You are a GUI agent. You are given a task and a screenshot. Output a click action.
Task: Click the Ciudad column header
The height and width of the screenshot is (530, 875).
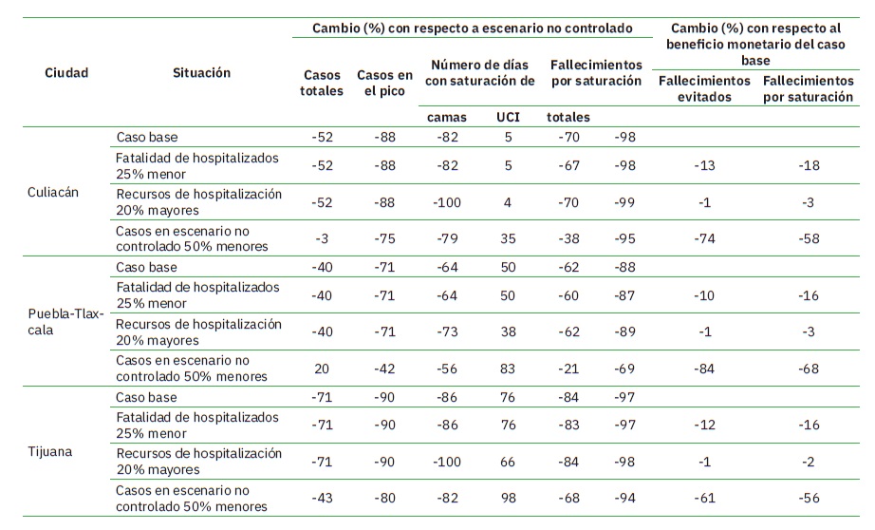[x=66, y=73]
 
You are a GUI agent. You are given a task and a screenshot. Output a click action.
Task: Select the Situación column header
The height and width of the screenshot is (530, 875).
[x=201, y=73]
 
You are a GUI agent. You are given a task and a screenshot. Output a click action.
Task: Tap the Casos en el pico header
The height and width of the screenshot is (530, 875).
[x=384, y=84]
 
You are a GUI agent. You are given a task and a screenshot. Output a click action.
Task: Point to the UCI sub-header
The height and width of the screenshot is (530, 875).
[x=508, y=117]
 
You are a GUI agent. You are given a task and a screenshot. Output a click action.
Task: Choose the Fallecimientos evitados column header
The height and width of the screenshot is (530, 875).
[x=704, y=88]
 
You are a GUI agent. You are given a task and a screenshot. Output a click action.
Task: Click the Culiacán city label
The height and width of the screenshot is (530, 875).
[x=53, y=191]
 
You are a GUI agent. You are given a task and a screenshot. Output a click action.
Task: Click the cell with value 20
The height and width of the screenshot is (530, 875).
[x=322, y=369]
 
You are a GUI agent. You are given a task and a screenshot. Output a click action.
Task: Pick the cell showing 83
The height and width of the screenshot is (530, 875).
[x=508, y=369]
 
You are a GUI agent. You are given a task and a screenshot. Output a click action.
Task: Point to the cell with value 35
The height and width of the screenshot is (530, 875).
[x=508, y=237]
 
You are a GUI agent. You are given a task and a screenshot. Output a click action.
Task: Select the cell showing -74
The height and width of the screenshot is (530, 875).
[x=704, y=237]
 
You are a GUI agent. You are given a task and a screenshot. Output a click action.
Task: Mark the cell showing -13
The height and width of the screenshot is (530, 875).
[x=704, y=166]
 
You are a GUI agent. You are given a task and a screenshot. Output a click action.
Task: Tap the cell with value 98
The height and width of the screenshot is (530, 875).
[x=508, y=499]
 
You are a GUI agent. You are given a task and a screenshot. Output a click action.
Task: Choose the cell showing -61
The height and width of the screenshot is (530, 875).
[x=704, y=499]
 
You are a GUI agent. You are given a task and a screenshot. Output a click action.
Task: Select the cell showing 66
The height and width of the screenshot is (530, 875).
[x=508, y=463]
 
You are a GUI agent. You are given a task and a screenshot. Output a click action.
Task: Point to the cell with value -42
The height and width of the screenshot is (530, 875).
[x=384, y=369]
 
